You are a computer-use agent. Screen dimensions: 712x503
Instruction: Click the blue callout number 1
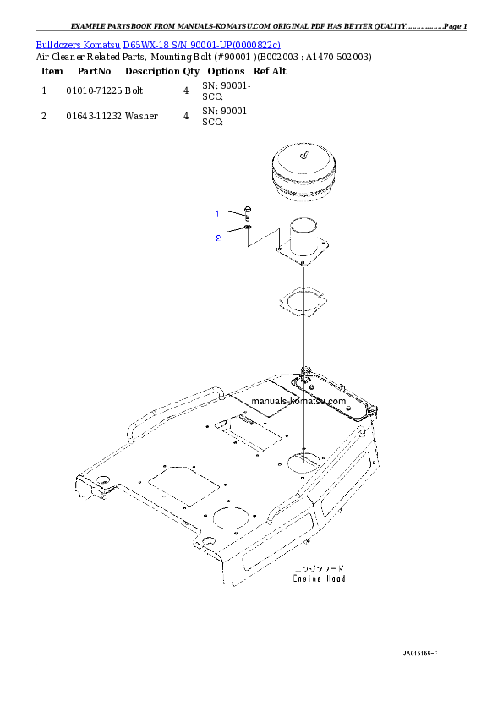tap(217, 213)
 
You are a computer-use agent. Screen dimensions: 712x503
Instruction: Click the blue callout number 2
tap(217, 238)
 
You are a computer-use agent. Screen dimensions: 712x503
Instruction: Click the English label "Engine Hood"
tap(319, 579)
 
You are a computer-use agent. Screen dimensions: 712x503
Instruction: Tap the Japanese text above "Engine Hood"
tap(319, 569)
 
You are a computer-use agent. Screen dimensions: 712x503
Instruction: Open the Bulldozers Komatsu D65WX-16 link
tap(158, 44)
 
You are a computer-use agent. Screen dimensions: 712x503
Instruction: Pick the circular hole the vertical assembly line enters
tap(303, 462)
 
